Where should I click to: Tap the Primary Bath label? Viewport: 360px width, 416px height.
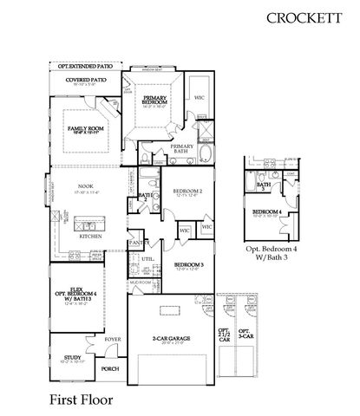182,148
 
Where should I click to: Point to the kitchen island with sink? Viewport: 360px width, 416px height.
87,217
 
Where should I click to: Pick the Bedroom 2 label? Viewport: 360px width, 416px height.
187,192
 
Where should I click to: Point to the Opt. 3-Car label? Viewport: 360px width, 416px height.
245,335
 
